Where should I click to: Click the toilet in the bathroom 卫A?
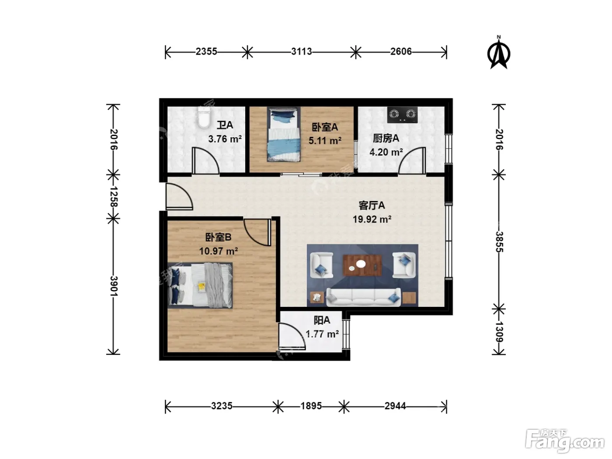[x=204, y=117]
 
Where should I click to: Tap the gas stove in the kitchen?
[x=402, y=115]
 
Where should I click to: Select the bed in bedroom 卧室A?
[x=284, y=134]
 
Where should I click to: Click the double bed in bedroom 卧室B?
[x=200, y=285]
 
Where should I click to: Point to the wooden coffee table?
[x=362, y=265]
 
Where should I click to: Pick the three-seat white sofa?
[x=363, y=297]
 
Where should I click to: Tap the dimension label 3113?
[x=301, y=52]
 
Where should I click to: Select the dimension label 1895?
[x=311, y=406]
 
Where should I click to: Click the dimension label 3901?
[x=114, y=286]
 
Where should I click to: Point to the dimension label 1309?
[x=499, y=332]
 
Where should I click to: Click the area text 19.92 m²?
[x=372, y=219]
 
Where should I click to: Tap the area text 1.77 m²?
[x=322, y=334]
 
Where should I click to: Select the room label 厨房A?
[x=386, y=138]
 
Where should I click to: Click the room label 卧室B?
[x=218, y=237]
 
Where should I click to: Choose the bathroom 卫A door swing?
[x=205, y=161]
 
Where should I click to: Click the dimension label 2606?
[x=401, y=52]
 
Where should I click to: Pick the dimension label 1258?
[x=114, y=197]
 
